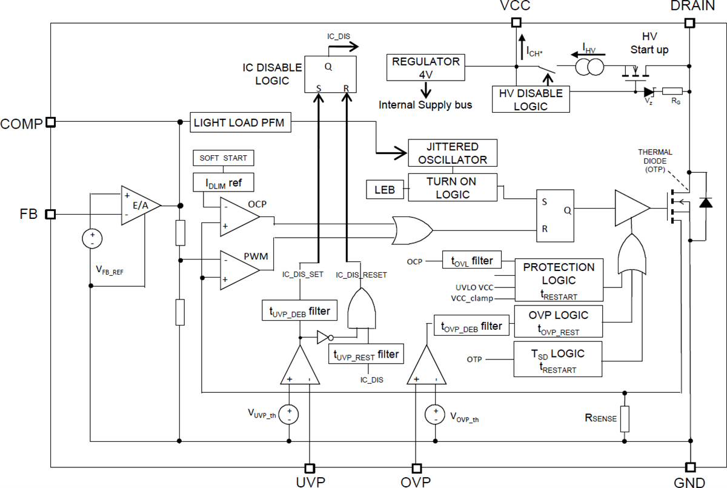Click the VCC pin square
(x=516, y=23)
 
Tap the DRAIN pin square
(x=689, y=23)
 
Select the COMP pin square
(x=51, y=122)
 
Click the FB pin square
(x=51, y=214)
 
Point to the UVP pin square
(x=310, y=468)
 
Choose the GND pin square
(x=689, y=467)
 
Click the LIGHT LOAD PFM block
(x=241, y=122)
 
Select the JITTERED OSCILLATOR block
(x=452, y=153)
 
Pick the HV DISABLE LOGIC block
(x=531, y=99)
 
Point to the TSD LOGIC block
(x=558, y=359)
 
